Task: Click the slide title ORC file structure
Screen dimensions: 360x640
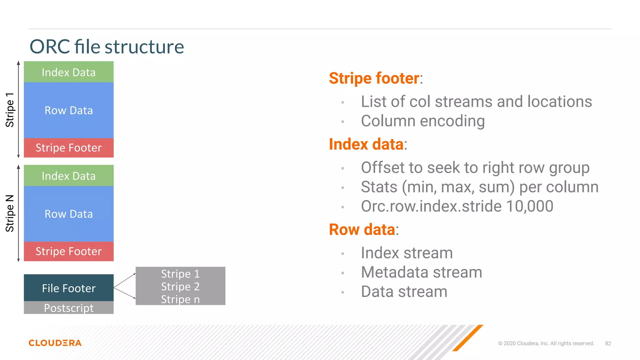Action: [107, 47]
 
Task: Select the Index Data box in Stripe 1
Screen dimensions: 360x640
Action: [69, 72]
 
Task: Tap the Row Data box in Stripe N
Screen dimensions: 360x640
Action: [69, 214]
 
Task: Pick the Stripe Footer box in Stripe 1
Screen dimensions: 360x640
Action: [69, 148]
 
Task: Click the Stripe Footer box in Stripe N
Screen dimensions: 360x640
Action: [69, 251]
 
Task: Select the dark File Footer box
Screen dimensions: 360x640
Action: [69, 288]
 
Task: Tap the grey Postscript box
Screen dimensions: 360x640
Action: [69, 308]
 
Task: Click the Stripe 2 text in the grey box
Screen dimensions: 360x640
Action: [180, 287]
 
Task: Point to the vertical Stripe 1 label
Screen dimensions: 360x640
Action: [10, 110]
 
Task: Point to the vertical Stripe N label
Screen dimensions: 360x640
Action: [10, 213]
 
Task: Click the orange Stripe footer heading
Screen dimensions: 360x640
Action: [374, 78]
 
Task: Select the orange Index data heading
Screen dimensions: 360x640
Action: [366, 144]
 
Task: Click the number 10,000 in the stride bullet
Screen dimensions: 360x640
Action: [529, 206]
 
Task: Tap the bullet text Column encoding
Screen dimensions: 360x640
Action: [422, 121]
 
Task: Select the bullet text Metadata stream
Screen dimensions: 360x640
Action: [421, 272]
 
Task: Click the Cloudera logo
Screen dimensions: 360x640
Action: [55, 343]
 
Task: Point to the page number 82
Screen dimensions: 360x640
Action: [608, 343]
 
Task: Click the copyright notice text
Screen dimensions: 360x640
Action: [546, 343]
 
